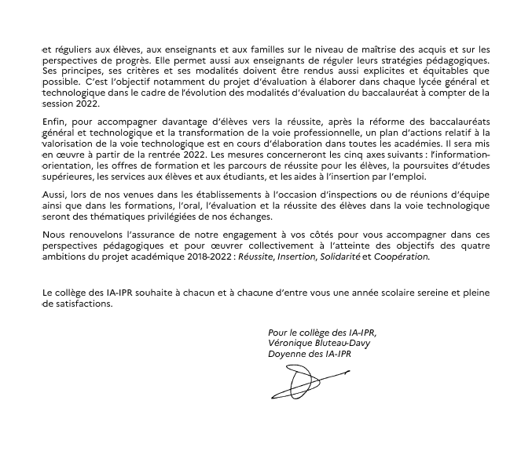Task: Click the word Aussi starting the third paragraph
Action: pyautogui.click(x=54, y=195)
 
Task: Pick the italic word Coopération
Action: pyautogui.click(x=402, y=257)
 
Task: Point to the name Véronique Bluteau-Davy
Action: pyautogui.click(x=319, y=343)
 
